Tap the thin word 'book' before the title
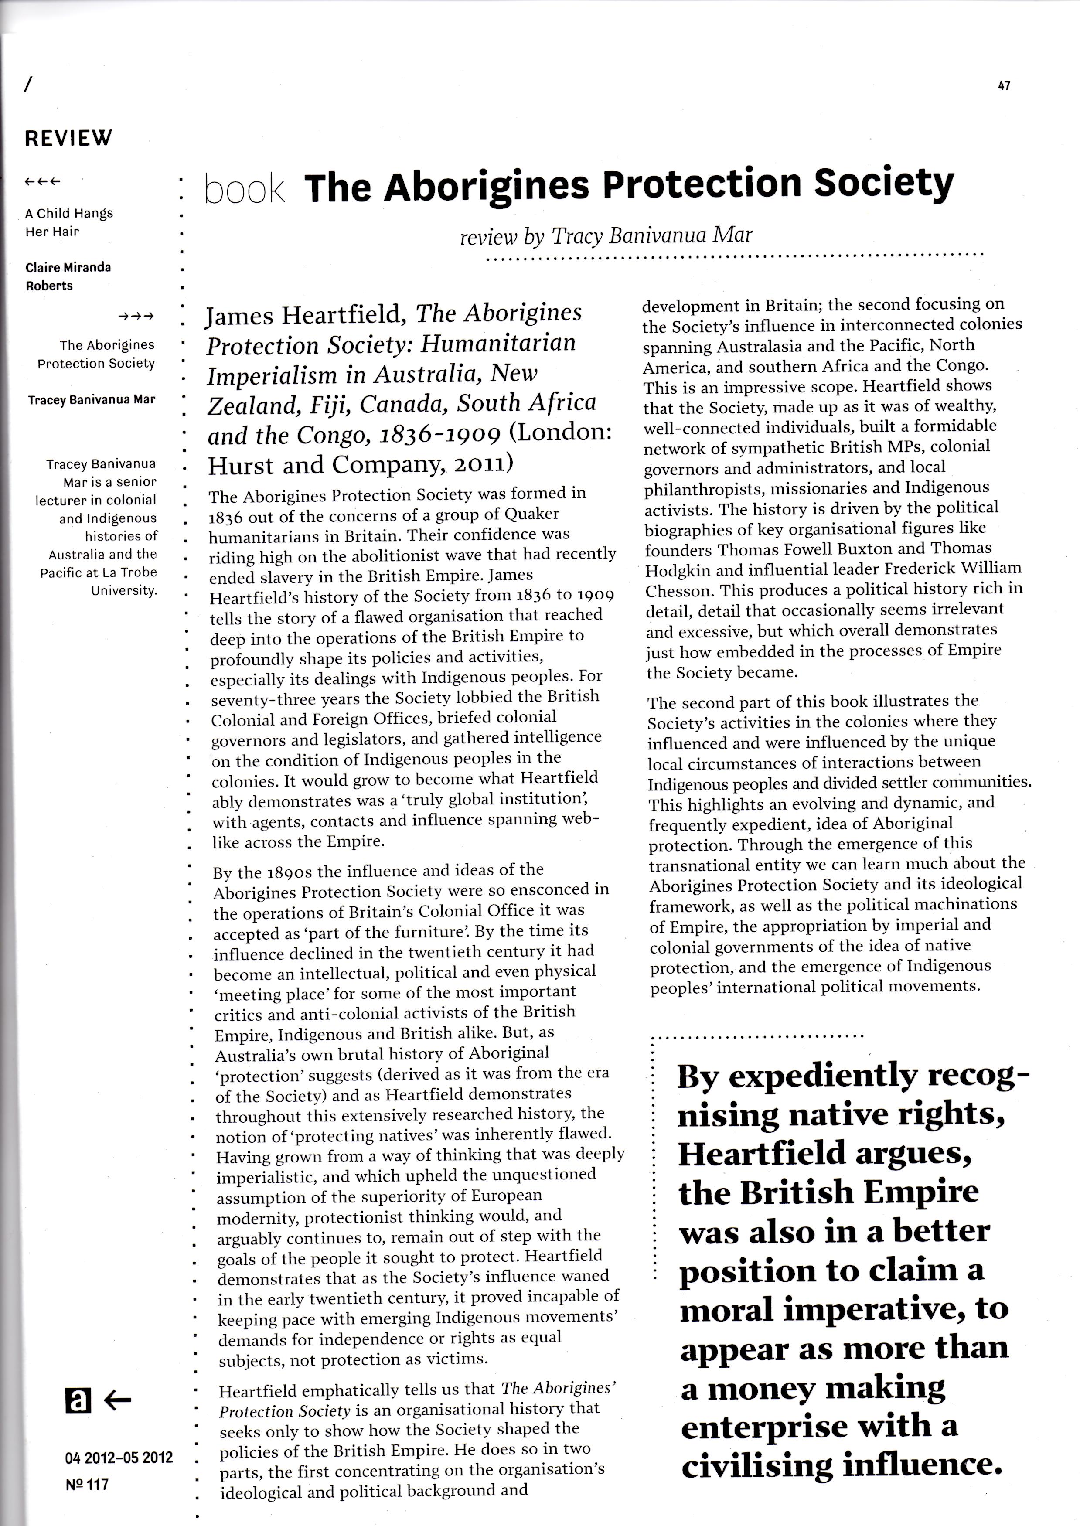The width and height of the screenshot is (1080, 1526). (245, 190)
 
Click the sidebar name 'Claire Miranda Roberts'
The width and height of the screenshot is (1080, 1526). (68, 276)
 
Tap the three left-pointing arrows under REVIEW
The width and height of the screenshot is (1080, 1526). (42, 181)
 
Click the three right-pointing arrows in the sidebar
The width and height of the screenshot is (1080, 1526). (136, 317)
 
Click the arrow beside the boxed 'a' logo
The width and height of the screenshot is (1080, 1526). (118, 1401)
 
